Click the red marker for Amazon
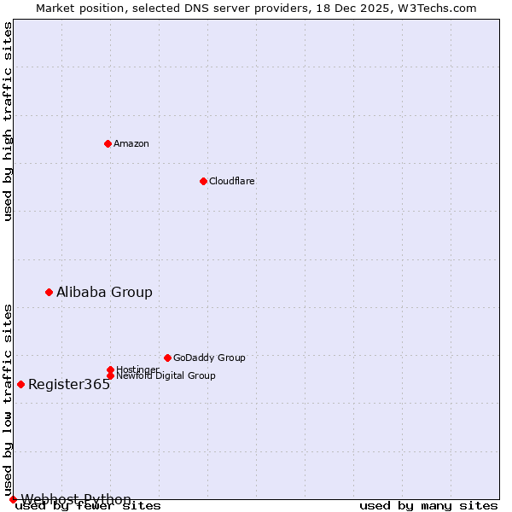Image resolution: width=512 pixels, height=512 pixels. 108,143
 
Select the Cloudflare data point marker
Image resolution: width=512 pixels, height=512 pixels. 203,181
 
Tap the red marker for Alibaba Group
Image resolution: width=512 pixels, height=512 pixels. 49,292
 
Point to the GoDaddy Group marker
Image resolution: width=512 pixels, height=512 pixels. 167,358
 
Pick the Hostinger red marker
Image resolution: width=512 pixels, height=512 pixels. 110,369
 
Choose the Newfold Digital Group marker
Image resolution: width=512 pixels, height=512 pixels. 110,375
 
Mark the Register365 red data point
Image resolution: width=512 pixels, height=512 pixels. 20,384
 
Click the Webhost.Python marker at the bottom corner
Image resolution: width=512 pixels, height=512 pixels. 13,499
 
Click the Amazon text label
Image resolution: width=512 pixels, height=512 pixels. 131,143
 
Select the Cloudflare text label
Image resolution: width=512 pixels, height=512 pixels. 232,181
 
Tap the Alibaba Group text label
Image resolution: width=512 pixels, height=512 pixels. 104,292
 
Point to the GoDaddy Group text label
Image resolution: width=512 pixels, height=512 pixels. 209,358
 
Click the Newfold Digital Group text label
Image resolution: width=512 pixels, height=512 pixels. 166,375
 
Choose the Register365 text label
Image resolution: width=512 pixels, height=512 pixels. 69,384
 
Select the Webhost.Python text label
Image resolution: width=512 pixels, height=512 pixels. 76,499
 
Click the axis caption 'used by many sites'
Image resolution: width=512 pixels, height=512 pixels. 428,506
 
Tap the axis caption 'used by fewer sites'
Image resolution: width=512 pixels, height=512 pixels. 88,506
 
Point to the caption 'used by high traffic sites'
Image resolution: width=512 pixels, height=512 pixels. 8,121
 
